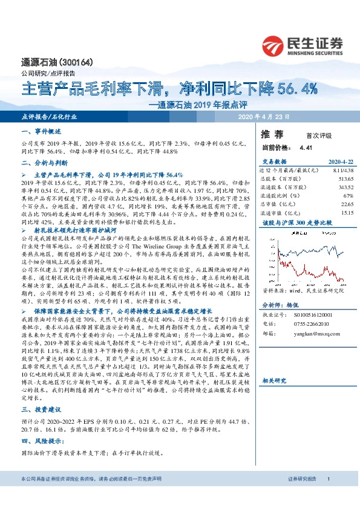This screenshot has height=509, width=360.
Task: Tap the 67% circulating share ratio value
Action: [x=348, y=196]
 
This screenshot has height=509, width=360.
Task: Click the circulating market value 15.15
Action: [x=346, y=213]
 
